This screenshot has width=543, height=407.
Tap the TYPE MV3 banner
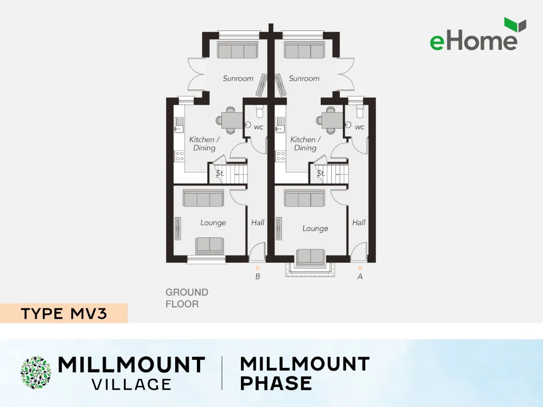(x=64, y=313)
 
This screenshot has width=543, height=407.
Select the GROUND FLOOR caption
(x=187, y=298)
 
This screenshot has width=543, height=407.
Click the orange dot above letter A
(x=360, y=268)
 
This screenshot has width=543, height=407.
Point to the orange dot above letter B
(x=258, y=268)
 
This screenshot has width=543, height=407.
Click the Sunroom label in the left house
(x=238, y=78)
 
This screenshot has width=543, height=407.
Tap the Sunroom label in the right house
(x=304, y=78)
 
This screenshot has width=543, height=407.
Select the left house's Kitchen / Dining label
(x=204, y=144)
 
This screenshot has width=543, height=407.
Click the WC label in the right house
(x=359, y=127)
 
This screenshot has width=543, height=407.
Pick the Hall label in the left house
(x=258, y=223)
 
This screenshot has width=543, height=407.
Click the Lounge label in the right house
(x=315, y=229)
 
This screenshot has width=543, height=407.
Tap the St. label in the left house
(x=220, y=173)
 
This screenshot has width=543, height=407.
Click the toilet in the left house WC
(x=259, y=111)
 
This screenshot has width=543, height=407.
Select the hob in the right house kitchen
(x=280, y=156)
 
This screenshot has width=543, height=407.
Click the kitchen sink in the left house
(x=179, y=125)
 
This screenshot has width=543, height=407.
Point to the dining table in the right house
(x=332, y=120)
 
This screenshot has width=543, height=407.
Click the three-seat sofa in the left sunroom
(x=238, y=50)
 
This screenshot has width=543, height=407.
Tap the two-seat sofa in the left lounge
(x=210, y=246)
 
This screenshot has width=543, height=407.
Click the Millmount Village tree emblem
(x=36, y=372)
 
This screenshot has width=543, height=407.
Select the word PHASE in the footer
(x=276, y=383)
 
